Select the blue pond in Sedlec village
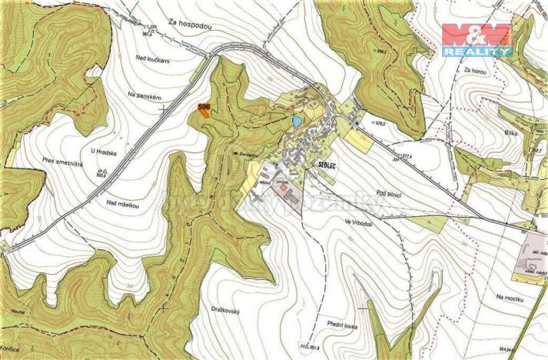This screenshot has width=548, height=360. [296, 122]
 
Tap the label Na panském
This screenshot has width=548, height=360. [145, 96]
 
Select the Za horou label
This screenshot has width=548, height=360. [476, 70]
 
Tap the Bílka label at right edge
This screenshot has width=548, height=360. [511, 133]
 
